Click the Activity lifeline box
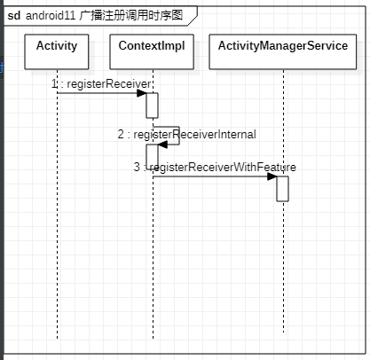[57, 52]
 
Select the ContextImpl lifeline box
[152, 52]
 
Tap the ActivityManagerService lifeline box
[282, 52]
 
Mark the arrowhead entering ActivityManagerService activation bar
[272, 176]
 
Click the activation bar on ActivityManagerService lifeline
[282, 189]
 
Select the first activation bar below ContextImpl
[152, 105]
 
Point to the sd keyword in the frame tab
[13, 15]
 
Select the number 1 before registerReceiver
[55, 82]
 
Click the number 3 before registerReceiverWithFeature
[137, 167]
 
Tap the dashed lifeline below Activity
[57, 222]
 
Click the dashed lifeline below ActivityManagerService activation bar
[282, 266]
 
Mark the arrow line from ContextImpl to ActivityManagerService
[213, 176]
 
